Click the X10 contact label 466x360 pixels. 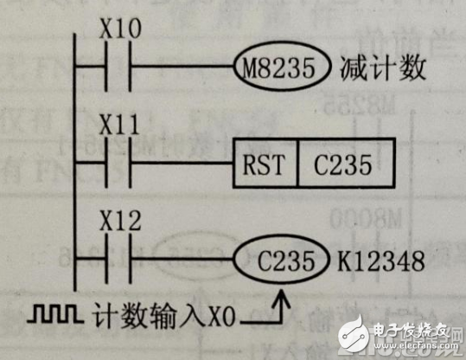120,29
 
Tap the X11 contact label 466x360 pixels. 119,125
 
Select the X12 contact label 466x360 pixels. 120,221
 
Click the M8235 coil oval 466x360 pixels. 282,66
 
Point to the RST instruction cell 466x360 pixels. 265,163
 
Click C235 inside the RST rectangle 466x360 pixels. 342,164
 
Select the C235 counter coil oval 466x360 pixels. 282,260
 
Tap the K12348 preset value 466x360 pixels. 381,261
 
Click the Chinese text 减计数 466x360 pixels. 383,68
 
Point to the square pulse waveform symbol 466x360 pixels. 54,313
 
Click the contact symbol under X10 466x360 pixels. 118,66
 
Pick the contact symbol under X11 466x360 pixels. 118,163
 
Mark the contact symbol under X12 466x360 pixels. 118,259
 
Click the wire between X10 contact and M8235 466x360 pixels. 182,66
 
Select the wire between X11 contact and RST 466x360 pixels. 182,163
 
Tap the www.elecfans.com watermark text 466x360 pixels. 416,345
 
